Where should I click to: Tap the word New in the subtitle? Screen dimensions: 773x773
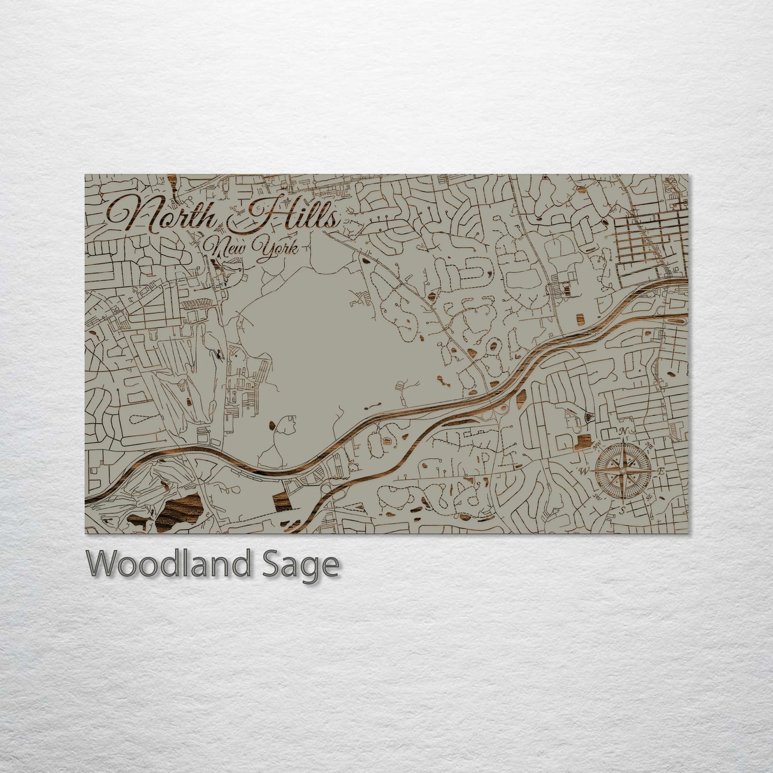coord(227,248)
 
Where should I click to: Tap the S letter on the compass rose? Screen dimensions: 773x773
coord(622,510)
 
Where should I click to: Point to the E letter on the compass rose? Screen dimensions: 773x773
coord(661,471)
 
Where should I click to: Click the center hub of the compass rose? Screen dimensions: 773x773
coord(622,471)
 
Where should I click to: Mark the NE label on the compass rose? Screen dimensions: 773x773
coord(650,446)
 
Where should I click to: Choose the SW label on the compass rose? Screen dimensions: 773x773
coord(596,496)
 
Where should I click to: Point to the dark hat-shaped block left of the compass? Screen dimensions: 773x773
coord(583,442)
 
